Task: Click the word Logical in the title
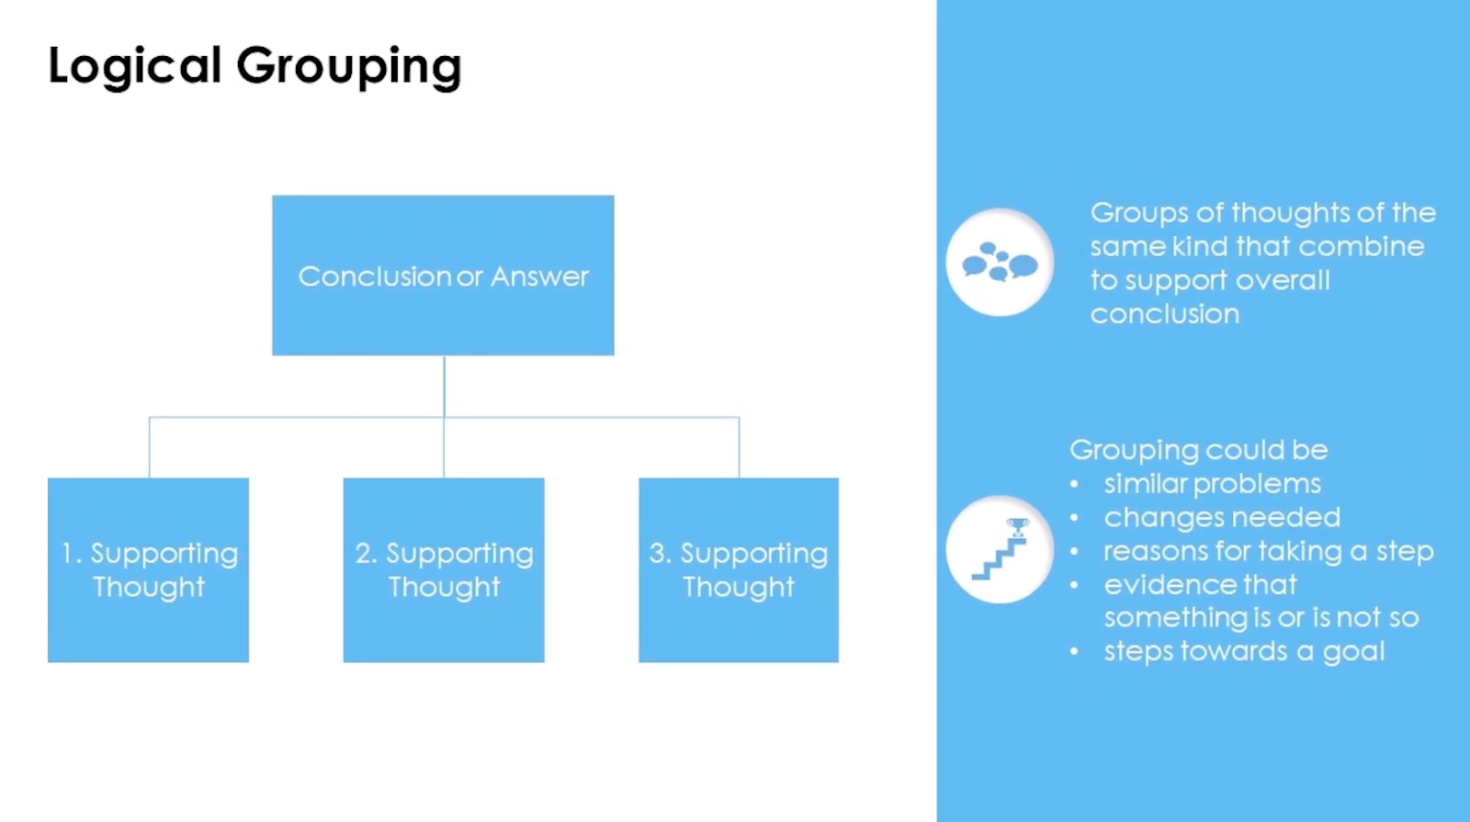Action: coord(134,66)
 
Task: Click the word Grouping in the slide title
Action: coord(349,66)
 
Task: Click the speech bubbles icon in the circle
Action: coord(1000,263)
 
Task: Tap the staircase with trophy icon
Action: coord(1000,550)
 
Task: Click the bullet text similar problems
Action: coord(1212,484)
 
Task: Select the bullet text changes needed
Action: coord(1222,518)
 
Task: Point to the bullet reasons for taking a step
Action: coord(1268,551)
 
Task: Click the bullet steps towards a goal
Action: coord(1244,652)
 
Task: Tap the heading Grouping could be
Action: coord(1198,450)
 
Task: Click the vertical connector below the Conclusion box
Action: coord(444,386)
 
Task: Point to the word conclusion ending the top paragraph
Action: coord(1165,314)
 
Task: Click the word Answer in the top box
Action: coord(540,276)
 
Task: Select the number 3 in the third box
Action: coord(657,553)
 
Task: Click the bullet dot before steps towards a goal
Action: coord(1074,652)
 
